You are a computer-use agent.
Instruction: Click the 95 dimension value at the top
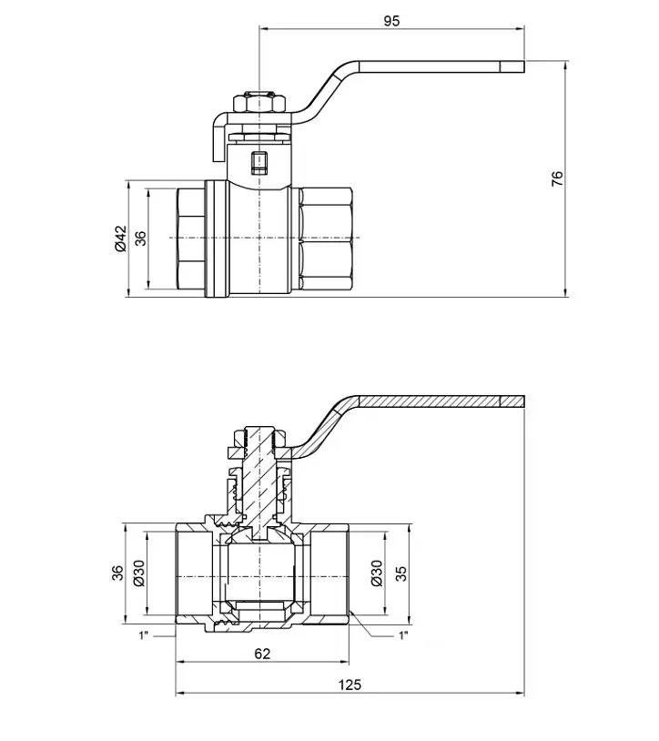click(391, 21)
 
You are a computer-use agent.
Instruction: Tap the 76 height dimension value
click(557, 178)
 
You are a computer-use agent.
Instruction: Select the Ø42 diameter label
click(120, 239)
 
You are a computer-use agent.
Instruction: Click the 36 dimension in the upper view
click(141, 238)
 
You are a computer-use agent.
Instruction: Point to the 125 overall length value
click(350, 685)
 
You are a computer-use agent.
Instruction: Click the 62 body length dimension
click(262, 653)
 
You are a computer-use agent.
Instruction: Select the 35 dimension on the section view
click(400, 574)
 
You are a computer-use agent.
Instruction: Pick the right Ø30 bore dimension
click(377, 574)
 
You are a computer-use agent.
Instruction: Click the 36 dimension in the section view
click(118, 574)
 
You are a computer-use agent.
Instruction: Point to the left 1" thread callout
click(144, 635)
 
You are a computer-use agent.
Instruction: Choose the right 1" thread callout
click(402, 635)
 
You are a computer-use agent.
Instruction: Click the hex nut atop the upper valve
click(259, 103)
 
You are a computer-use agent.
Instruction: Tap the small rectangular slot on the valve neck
click(259, 162)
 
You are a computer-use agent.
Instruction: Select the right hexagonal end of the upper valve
click(326, 239)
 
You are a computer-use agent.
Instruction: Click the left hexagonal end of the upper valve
click(191, 239)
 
